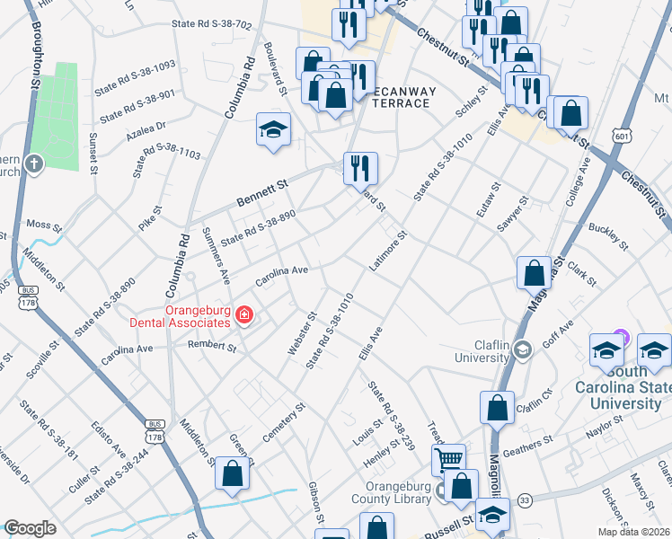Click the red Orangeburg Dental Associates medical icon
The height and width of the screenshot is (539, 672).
coord(243,314)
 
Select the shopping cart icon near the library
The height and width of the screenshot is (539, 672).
coord(448,460)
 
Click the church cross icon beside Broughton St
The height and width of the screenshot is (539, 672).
coord(33,163)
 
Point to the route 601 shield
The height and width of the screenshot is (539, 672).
coord(621,136)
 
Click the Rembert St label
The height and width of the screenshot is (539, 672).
coord(212,345)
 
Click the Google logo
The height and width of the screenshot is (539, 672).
coord(31,528)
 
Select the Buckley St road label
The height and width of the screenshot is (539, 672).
coord(606,235)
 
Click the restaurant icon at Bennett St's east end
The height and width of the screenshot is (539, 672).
coord(360,168)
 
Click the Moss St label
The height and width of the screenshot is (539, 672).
coord(41,222)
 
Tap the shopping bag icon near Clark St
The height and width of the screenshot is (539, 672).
coord(534,273)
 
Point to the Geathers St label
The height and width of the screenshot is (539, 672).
coord(528,443)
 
